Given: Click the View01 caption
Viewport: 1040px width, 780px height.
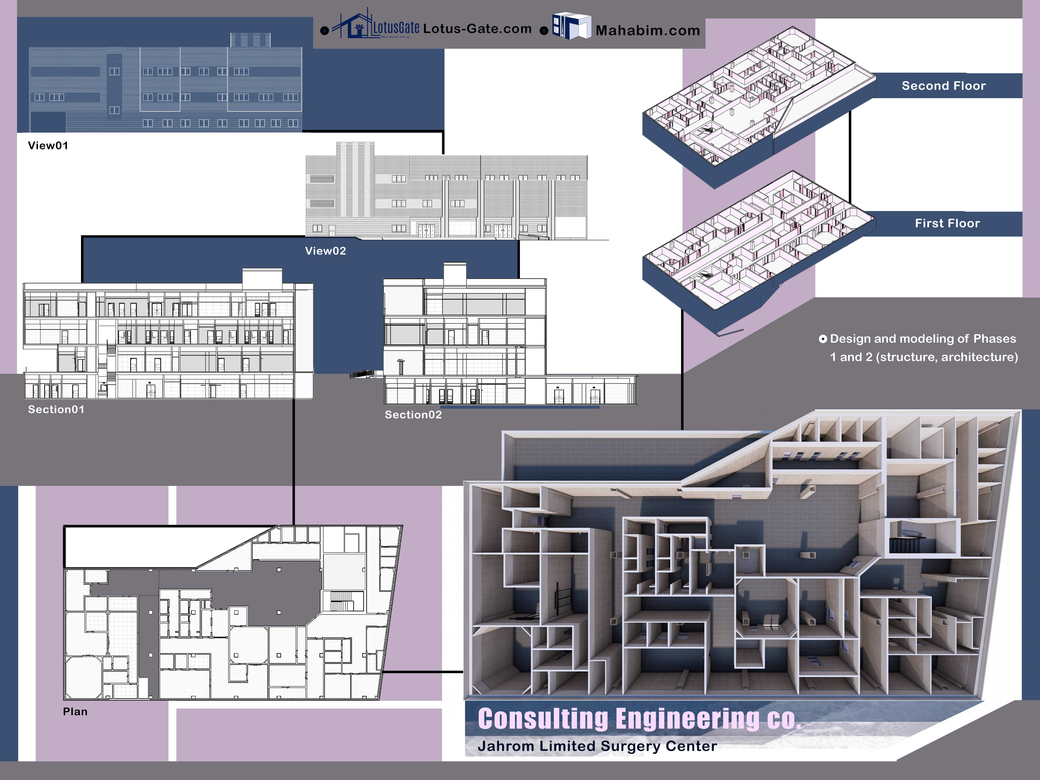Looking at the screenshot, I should [48, 146].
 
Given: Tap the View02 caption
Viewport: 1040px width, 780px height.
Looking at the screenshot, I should [325, 251].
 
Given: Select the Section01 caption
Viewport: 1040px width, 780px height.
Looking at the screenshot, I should [56, 409].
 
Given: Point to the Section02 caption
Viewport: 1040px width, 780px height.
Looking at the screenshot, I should [413, 415].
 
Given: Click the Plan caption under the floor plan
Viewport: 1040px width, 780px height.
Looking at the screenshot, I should [75, 712].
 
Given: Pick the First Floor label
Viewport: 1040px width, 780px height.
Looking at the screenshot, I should [947, 223].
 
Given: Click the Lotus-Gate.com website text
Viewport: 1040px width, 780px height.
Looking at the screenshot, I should [477, 29].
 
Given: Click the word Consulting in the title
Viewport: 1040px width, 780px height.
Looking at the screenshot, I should [543, 719].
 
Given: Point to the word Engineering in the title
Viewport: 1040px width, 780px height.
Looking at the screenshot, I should [687, 719].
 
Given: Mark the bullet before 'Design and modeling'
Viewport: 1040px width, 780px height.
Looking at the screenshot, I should [823, 339].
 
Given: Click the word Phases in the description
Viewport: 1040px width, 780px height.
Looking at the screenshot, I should [994, 339].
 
